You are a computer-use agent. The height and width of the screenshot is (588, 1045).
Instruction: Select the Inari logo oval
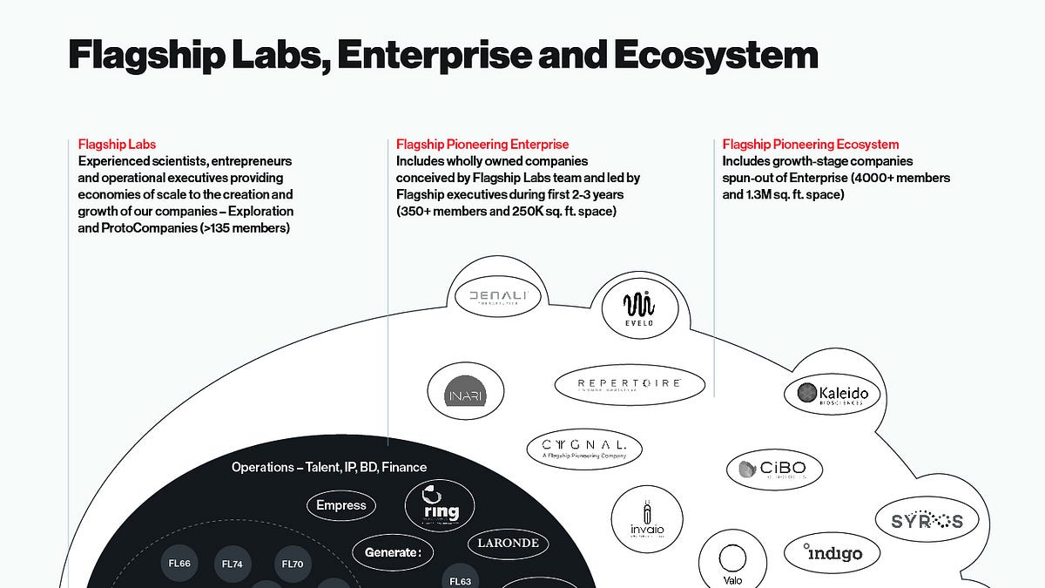point(466,395)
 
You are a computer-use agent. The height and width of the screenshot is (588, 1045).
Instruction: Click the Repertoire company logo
point(630,384)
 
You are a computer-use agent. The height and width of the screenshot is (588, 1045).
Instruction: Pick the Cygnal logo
point(585,449)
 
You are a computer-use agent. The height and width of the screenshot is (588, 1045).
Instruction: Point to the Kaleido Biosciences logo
point(832,395)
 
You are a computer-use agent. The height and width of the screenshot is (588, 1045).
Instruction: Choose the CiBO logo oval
point(774,470)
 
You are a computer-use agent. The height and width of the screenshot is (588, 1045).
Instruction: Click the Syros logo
point(927,521)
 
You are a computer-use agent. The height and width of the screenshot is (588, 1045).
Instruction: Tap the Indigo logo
point(832,552)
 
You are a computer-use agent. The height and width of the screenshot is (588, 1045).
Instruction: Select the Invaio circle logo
point(646,521)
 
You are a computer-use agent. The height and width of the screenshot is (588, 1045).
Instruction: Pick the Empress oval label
point(341,505)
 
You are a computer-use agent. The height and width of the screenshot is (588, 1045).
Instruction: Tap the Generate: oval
point(393,552)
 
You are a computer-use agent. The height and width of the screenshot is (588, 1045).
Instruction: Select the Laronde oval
point(509,543)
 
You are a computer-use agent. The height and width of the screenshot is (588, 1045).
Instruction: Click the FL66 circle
point(179,564)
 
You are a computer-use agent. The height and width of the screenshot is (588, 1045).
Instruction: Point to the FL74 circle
point(233,564)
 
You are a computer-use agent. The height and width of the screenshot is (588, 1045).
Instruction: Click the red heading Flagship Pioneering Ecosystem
point(810,145)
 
